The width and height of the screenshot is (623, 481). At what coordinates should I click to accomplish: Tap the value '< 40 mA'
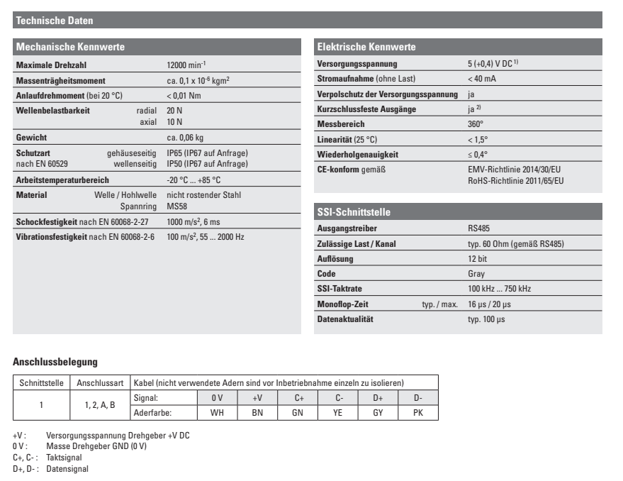click(474, 79)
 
